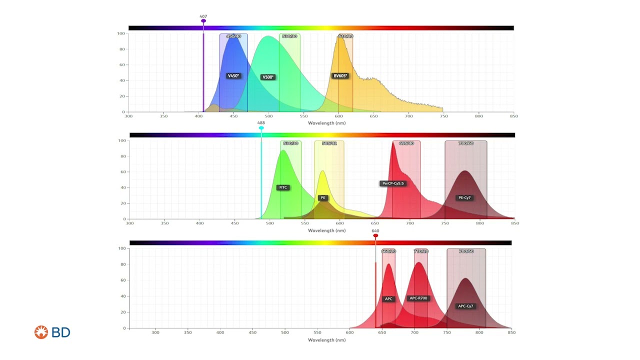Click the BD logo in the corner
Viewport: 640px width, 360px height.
coord(52,332)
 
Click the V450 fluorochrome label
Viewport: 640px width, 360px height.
coord(233,76)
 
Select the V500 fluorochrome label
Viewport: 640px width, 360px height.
coord(268,77)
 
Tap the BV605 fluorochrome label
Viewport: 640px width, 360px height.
coord(340,76)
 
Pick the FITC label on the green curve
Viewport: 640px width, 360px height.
coord(283,187)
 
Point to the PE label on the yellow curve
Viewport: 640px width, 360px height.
coord(323,197)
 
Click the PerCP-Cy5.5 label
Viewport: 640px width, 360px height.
coord(392,183)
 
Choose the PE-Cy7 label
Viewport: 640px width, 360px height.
coord(464,197)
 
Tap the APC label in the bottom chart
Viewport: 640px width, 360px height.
coord(388,299)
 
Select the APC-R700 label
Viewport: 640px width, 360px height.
coord(418,298)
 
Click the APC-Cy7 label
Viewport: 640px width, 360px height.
coord(465,306)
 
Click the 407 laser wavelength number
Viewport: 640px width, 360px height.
coord(203,16)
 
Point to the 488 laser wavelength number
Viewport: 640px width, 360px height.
coord(261,123)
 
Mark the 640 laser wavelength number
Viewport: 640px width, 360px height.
coord(375,231)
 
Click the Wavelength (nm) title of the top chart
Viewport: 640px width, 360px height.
coord(326,122)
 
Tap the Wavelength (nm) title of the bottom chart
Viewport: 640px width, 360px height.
coord(326,340)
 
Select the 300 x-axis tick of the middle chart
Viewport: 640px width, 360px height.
coord(130,223)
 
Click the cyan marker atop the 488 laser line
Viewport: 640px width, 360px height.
coord(261,128)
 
